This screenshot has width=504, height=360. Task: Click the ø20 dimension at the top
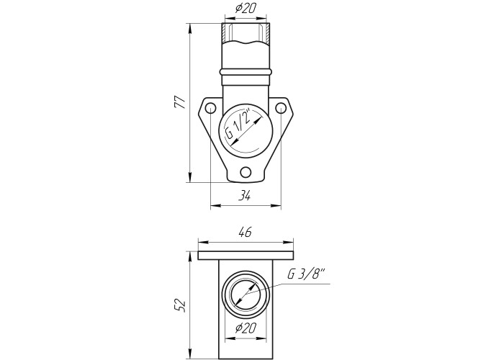[246, 9]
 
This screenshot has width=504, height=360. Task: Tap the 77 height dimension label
[180, 102]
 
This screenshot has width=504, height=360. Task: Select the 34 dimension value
[244, 195]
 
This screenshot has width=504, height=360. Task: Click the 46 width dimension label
[246, 232]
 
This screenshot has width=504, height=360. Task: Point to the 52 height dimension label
[180, 305]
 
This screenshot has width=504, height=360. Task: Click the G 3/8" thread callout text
[306, 275]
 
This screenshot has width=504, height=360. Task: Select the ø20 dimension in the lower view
[246, 328]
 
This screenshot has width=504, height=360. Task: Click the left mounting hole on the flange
[210, 108]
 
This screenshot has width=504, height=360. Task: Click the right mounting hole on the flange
[281, 108]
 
